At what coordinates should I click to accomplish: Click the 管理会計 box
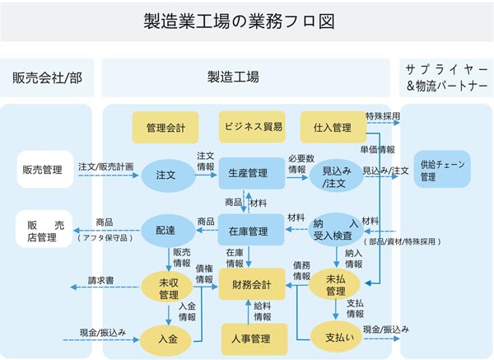click(165, 128)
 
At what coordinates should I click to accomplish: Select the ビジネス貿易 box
click(251, 127)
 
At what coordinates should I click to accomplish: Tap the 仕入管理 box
click(333, 128)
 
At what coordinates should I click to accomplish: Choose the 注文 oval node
click(165, 174)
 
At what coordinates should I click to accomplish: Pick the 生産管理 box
click(250, 174)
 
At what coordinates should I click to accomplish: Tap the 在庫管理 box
click(250, 230)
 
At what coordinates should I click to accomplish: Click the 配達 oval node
click(165, 230)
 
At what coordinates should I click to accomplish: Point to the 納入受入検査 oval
click(336, 230)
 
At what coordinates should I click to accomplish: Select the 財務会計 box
click(250, 284)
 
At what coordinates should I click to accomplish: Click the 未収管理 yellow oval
click(169, 288)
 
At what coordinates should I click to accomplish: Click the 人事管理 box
click(250, 338)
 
